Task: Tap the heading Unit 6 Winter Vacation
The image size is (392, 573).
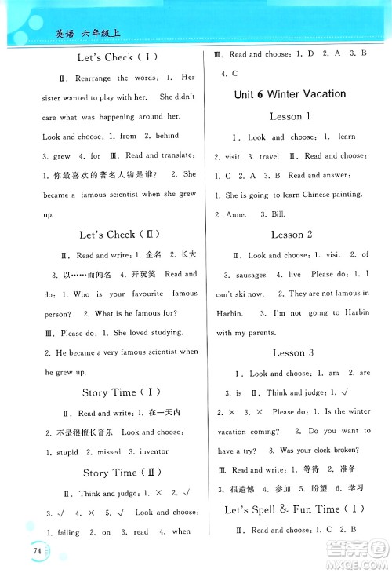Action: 290,94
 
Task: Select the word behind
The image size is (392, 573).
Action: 167,137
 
